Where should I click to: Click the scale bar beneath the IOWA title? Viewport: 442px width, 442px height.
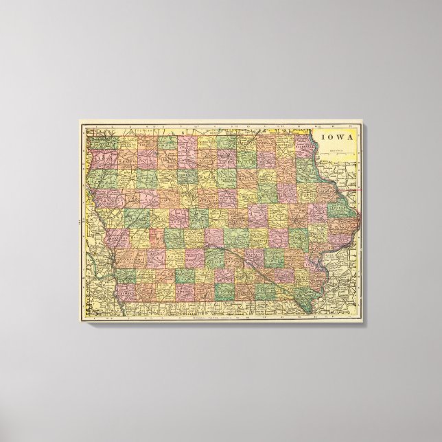[337, 148]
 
